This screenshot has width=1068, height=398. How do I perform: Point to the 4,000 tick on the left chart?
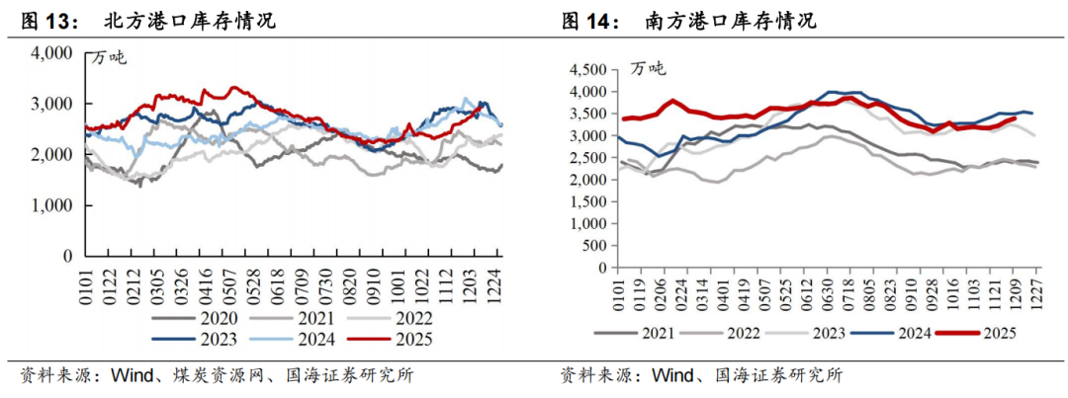[52, 52]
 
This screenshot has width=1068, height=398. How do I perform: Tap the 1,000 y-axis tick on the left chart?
[52, 205]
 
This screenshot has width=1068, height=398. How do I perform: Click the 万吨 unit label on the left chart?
[110, 56]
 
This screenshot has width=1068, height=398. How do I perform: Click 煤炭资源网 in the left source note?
[203, 376]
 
